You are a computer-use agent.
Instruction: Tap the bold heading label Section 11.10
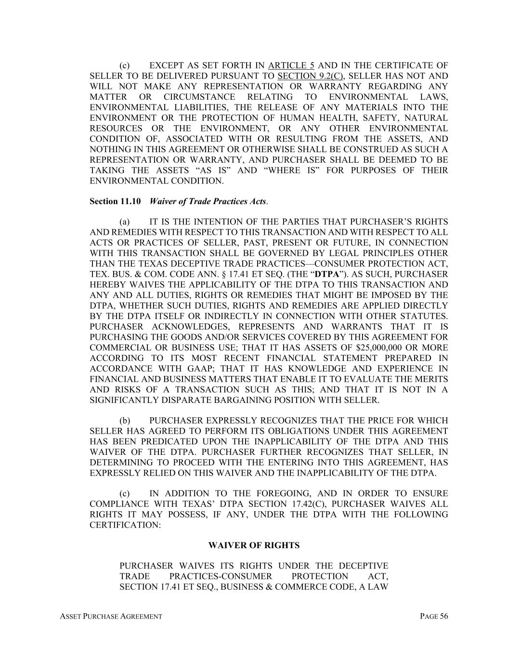click(115, 201)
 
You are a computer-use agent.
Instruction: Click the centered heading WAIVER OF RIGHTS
click(254, 545)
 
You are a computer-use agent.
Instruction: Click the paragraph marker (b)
click(125, 421)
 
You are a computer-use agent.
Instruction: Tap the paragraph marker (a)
click(125, 222)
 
